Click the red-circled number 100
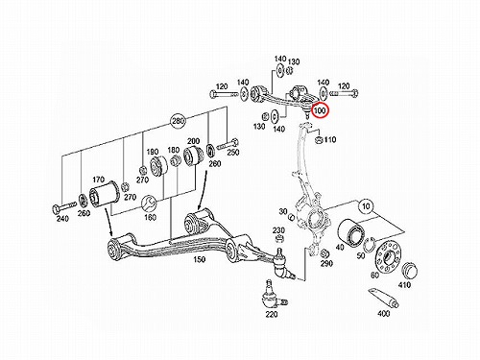tap(321, 110)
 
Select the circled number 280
tap(178, 121)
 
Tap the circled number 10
tap(366, 206)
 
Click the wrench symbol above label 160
tap(149, 204)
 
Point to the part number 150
tap(199, 259)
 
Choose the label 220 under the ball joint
tap(272, 314)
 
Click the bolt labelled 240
tap(64, 206)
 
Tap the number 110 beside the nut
tap(330, 139)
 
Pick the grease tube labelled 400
tap(383, 299)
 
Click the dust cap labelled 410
tap(409, 271)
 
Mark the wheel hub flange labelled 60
tap(388, 256)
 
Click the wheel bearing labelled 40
tap(351, 233)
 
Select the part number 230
tap(279, 230)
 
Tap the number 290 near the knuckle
tap(326, 263)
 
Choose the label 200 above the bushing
tap(193, 141)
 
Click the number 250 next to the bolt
tap(233, 153)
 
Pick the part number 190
tap(153, 152)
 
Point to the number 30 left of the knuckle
tap(283, 211)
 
